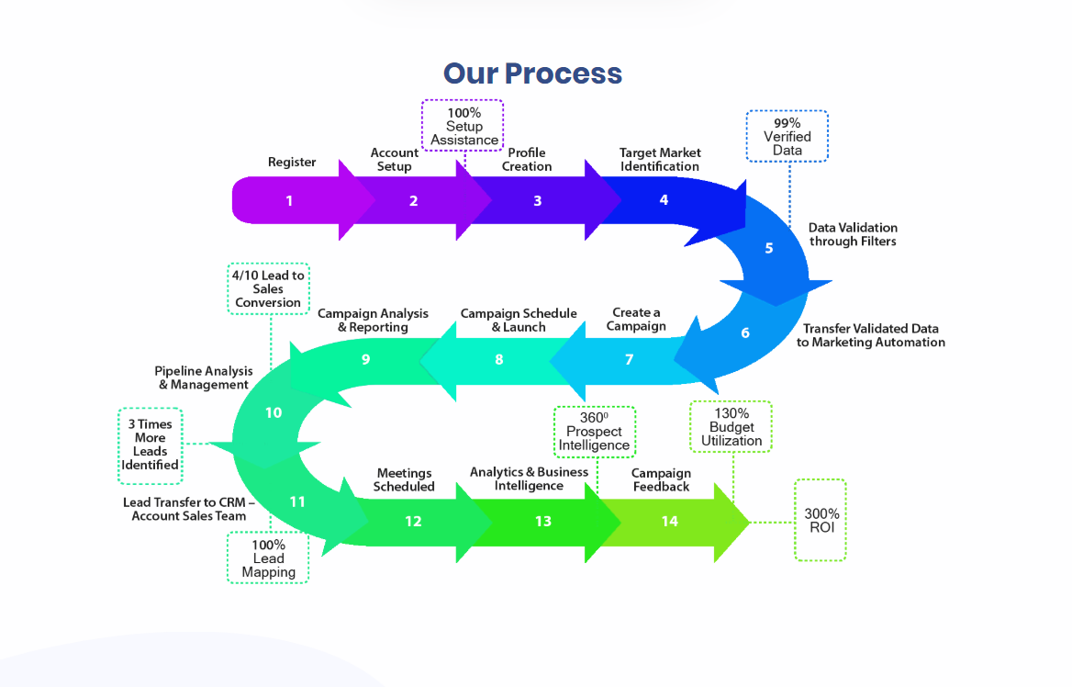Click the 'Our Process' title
click(532, 73)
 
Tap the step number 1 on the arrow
click(289, 200)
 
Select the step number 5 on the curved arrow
click(769, 248)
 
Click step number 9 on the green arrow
click(365, 359)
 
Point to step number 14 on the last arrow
click(670, 521)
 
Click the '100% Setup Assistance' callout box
click(463, 126)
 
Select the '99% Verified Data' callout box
click(787, 136)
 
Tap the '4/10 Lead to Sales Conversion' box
click(268, 288)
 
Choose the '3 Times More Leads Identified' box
click(151, 445)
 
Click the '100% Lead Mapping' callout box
click(268, 558)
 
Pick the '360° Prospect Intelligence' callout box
click(594, 431)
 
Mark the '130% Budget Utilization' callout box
click(731, 427)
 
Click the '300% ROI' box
click(821, 520)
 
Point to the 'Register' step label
click(292, 163)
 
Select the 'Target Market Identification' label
click(659, 160)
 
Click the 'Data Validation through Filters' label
click(853, 234)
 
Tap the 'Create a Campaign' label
click(636, 320)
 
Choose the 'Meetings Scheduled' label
click(404, 479)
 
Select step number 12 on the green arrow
click(413, 521)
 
